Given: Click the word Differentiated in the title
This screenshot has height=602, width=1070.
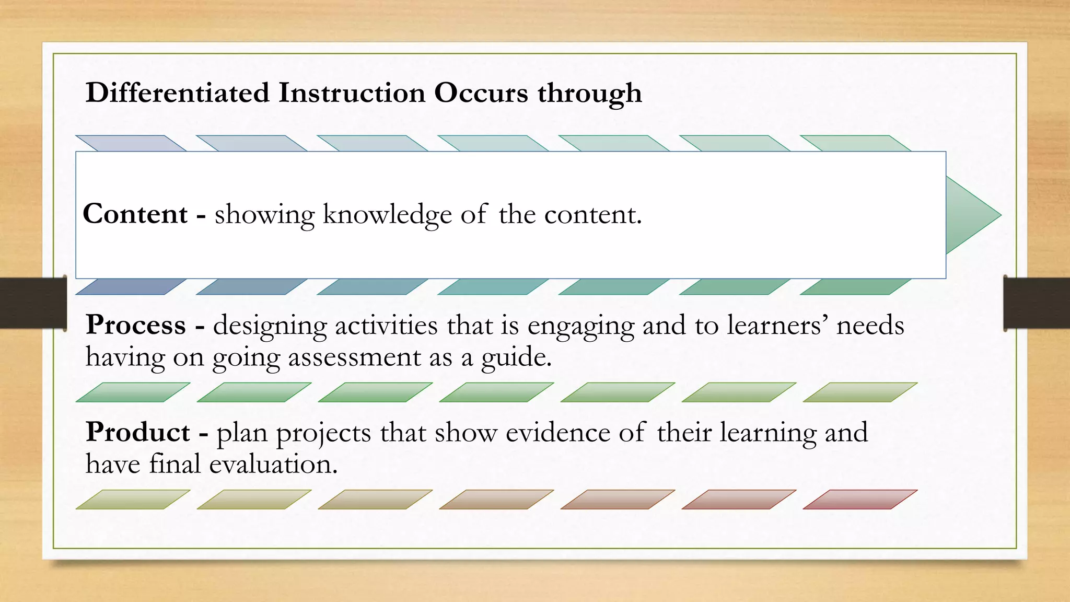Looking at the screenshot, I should coord(177,93).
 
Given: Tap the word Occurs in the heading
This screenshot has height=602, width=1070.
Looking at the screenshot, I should coord(481,93).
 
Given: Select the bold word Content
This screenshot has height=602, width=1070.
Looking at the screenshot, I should coord(135,214).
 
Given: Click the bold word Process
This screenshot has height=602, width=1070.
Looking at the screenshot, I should coord(136,325).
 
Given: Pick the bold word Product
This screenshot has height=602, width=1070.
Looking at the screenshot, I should coord(138,433).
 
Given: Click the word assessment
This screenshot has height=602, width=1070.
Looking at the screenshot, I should coord(354,357).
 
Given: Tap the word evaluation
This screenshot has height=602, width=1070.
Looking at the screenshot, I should coord(273,464).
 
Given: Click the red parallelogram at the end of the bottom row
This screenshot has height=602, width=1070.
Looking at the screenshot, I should coord(859,499).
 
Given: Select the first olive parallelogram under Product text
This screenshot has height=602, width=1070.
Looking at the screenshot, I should coord(133,499).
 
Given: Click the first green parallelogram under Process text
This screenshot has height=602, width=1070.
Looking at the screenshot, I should coord(133,392).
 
